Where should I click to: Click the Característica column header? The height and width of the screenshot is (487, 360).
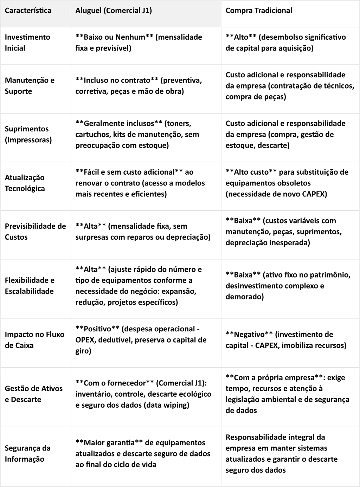pos(28,11)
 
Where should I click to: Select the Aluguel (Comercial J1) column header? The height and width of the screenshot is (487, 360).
pos(114,11)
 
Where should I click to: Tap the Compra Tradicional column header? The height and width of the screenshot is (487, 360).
pos(259,11)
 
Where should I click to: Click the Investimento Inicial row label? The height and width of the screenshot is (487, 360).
pos(27,43)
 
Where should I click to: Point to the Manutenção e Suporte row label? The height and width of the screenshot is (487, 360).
pos(30,86)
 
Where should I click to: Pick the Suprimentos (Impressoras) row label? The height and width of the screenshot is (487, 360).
pos(28,134)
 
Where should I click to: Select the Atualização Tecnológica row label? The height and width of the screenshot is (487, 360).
pos(25,183)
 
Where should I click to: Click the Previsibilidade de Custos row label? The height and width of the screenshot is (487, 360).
pos(35,232)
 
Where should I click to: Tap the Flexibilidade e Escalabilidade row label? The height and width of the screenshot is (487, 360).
pos(30,286)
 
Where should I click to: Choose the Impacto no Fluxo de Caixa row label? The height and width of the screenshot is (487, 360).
pos(34,340)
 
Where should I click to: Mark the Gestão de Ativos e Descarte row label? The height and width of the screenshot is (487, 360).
pos(34,394)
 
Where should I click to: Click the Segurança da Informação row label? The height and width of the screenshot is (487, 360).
pos(27,453)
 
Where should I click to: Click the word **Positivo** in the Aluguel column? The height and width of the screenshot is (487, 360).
pos(97,329)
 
